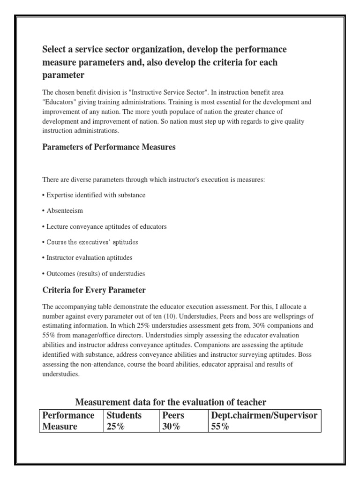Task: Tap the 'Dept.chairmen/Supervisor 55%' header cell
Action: pos(265,421)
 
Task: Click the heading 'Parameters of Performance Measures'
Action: pos(109,147)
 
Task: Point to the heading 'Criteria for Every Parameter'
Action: pos(94,290)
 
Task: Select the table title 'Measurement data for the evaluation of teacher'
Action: pos(171,402)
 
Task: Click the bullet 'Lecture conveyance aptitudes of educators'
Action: pos(105,226)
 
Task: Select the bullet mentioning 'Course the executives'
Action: pos(92,242)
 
